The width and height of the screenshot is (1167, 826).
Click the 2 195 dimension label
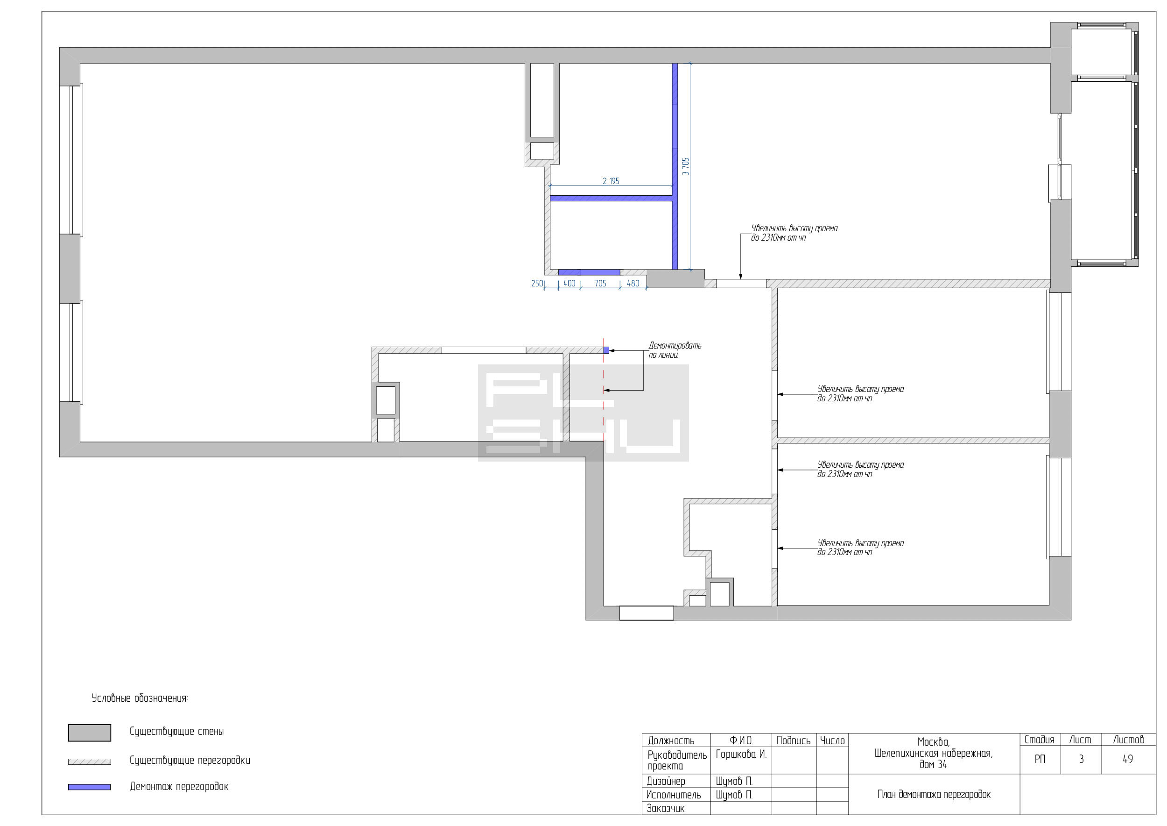click(611, 181)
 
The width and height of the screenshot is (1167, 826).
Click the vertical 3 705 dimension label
click(686, 166)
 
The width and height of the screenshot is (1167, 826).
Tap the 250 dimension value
click(537, 283)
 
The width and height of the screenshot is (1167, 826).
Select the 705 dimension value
click(600, 283)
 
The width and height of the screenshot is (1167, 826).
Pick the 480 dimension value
click(633, 283)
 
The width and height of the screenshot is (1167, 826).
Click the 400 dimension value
click(569, 283)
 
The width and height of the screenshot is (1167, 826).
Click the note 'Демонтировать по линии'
click(675, 350)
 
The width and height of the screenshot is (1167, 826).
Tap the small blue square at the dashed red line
click(606, 350)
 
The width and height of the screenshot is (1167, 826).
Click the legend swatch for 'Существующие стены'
click(90, 733)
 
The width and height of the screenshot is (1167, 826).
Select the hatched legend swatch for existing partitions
click(90, 762)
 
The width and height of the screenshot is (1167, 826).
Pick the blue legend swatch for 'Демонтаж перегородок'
click(90, 787)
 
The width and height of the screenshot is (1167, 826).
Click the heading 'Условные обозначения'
click(140, 698)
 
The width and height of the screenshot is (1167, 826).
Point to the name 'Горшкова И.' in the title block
click(740, 754)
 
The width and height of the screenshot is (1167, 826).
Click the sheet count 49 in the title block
click(1127, 759)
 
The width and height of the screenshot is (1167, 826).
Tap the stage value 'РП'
click(1040, 759)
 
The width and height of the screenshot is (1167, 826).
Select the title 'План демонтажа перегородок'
click(934, 795)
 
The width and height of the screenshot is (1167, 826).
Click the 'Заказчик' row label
click(665, 808)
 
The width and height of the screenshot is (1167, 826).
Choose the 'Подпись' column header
click(794, 741)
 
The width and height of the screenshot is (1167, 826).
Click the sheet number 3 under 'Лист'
click(1081, 759)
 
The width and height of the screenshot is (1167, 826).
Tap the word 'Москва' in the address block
click(933, 742)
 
